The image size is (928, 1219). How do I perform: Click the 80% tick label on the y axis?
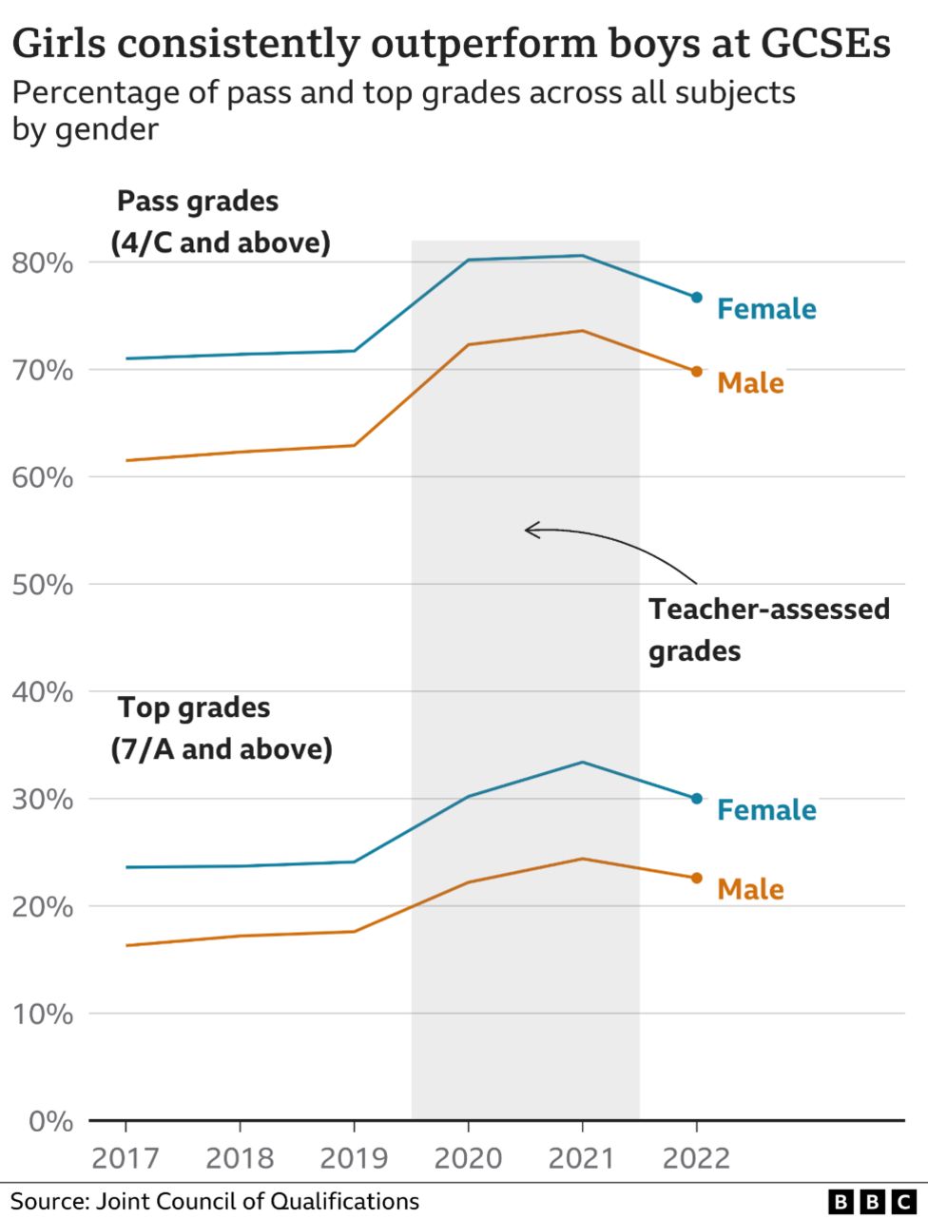point(42,262)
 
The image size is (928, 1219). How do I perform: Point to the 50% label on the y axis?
point(42,585)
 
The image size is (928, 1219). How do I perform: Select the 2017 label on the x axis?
point(126,1158)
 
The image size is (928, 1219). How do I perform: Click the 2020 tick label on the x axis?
point(468,1158)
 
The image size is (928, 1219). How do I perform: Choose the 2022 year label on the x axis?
point(696,1158)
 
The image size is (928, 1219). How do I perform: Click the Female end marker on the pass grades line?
point(696,298)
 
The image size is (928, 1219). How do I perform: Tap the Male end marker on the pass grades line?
point(696,372)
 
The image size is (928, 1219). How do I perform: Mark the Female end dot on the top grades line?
point(696,799)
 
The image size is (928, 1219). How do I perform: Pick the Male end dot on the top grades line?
point(696,878)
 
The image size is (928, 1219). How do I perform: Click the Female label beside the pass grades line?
point(766,309)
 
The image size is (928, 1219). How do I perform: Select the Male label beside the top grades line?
point(750,889)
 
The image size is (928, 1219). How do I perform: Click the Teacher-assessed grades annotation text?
point(768,629)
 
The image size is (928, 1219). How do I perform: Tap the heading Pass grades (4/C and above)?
point(221,222)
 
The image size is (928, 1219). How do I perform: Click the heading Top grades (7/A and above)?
point(222,728)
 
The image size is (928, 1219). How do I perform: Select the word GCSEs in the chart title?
point(824,44)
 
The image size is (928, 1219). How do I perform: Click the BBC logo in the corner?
point(870,1201)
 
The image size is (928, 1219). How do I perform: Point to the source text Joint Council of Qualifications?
point(255,1201)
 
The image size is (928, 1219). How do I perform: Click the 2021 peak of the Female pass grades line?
point(582,255)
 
